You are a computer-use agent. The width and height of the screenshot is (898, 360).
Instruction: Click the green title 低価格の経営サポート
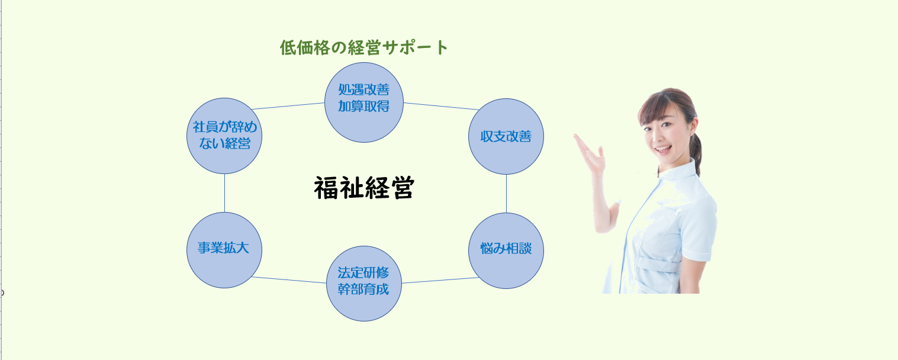[363, 48]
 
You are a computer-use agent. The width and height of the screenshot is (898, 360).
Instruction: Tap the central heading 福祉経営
[364, 188]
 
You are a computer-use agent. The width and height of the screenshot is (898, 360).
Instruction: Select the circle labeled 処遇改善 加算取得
[364, 102]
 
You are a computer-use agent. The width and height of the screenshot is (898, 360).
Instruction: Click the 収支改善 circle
[506, 136]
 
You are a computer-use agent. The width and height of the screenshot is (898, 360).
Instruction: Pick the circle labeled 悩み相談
[506, 250]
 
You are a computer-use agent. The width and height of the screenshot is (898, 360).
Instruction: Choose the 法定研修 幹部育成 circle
[364, 284]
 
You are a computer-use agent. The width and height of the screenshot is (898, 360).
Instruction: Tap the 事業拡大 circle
[224, 250]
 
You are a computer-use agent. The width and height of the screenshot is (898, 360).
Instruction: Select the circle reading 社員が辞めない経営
[224, 136]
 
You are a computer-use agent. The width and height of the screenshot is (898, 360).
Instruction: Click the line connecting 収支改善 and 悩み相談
[506, 194]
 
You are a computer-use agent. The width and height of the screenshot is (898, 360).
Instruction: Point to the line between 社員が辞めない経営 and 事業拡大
[224, 193]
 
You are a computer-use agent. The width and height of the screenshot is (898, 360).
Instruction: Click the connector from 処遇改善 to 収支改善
[442, 106]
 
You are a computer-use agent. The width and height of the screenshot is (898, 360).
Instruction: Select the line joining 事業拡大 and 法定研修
[289, 280]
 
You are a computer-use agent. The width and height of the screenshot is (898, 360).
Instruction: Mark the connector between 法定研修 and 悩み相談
[440, 280]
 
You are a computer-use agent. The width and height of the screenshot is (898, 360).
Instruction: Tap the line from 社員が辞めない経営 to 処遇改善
[288, 106]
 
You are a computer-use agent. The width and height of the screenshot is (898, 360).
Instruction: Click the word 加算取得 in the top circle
[363, 107]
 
